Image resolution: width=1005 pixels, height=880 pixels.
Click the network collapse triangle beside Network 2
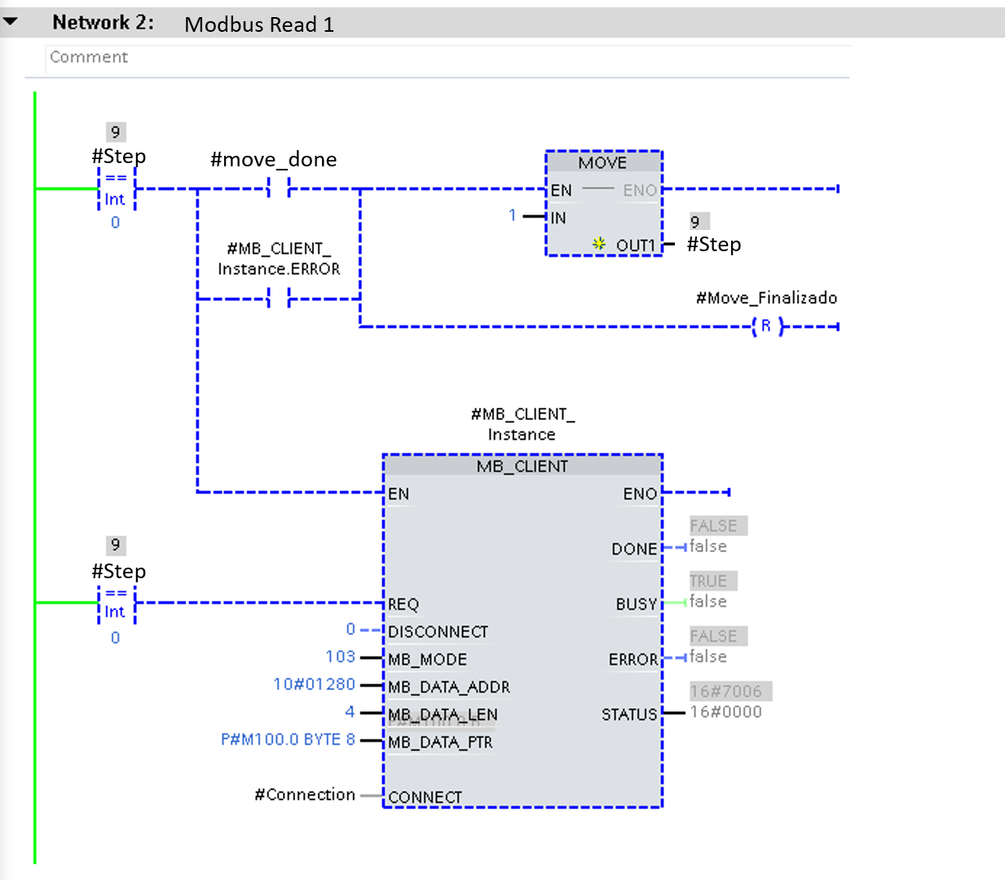tap(10, 22)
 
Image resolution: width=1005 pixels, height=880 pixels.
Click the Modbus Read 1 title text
tap(259, 24)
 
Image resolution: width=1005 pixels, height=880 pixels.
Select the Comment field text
tap(89, 57)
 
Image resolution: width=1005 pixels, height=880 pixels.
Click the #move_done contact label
tap(273, 159)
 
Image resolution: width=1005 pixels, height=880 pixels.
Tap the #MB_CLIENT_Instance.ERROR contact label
tap(279, 259)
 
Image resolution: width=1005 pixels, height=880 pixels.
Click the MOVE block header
tap(603, 162)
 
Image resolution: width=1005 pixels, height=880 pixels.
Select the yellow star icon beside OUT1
tap(599, 244)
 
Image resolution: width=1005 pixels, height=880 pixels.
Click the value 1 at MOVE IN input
tap(513, 215)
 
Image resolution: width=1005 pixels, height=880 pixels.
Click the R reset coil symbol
tap(766, 326)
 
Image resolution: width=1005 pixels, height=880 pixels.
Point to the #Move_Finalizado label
tap(766, 298)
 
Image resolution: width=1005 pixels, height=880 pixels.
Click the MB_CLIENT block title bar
tap(522, 466)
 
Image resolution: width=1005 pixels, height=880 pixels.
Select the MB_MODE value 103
tap(340, 657)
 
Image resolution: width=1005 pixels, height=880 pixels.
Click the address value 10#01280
tap(314, 684)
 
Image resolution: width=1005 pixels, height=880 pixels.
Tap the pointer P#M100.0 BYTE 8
tap(288, 740)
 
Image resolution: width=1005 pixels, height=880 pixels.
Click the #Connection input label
tap(305, 794)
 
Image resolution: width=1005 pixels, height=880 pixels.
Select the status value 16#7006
tap(726, 692)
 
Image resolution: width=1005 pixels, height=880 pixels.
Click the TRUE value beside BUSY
tap(707, 581)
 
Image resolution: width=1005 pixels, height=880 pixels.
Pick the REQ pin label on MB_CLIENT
tap(403, 604)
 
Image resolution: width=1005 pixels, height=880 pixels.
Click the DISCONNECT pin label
tap(438, 632)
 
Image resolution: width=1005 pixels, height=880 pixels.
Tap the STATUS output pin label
tap(629, 714)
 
